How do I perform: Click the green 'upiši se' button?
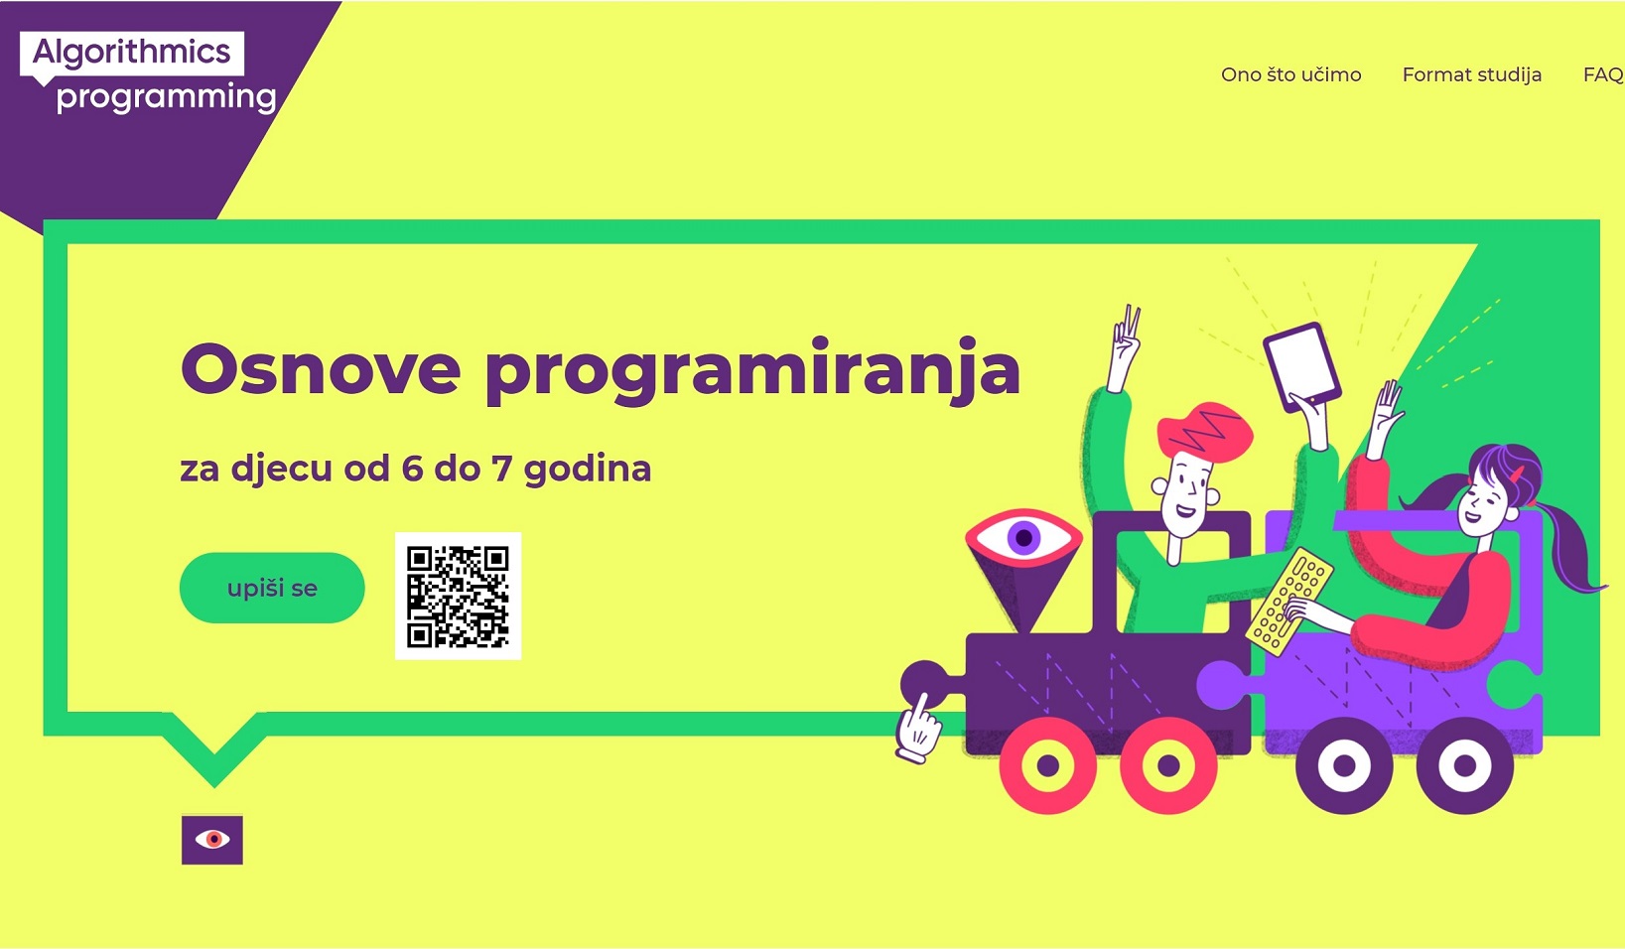click(x=272, y=588)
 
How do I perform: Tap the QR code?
click(x=458, y=597)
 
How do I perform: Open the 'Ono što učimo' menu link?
click(x=1291, y=74)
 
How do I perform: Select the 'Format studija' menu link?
click(x=1472, y=74)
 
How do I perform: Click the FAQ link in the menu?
click(x=1603, y=74)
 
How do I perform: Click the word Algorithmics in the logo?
click(x=131, y=53)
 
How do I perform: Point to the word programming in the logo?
click(x=167, y=97)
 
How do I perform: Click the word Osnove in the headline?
click(x=321, y=369)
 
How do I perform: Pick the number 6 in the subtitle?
click(x=412, y=469)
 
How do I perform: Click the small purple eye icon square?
click(x=212, y=840)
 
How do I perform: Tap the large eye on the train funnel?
click(x=1023, y=538)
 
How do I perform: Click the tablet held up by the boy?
click(x=1302, y=366)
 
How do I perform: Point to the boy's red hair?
click(x=1204, y=430)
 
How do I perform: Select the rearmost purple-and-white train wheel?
click(x=1464, y=765)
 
